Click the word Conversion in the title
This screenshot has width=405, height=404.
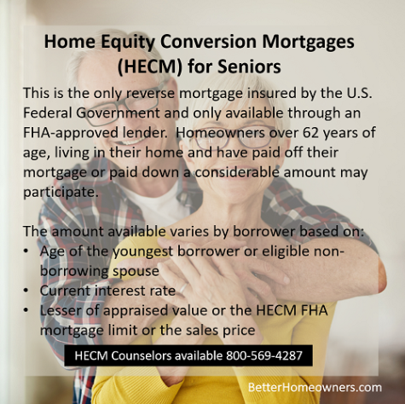[x=208, y=42]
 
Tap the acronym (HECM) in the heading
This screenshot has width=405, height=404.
[x=150, y=66]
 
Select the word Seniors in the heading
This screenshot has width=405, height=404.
[x=249, y=66]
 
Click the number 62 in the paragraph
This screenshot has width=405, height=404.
[x=310, y=132]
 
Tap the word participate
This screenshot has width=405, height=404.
[x=61, y=193]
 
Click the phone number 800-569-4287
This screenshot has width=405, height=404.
[x=264, y=355]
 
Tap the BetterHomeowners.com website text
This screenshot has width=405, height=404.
[x=315, y=387]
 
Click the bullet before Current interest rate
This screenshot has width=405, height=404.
[x=26, y=291]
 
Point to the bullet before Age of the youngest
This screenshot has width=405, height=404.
[x=26, y=251]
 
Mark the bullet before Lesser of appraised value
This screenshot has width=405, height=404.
[x=26, y=310]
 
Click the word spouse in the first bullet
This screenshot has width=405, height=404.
[x=136, y=271]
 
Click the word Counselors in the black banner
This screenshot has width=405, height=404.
[x=142, y=355]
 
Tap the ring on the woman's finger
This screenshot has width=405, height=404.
[x=183, y=287]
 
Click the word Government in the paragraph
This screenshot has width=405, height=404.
[x=118, y=113]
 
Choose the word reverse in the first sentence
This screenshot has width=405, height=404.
[x=150, y=94]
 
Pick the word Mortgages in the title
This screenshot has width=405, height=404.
[x=308, y=43]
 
